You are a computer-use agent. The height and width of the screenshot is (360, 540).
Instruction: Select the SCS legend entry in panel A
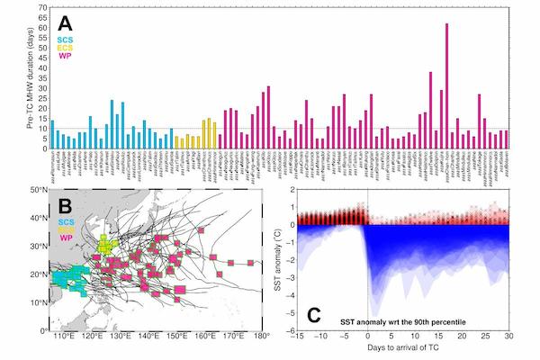click(66, 40)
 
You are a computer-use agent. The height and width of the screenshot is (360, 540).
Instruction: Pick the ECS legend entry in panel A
click(66, 48)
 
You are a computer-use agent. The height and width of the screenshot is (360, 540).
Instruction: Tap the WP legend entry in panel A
click(66, 56)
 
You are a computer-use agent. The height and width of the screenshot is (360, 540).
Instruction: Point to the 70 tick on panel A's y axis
click(42, 7)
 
